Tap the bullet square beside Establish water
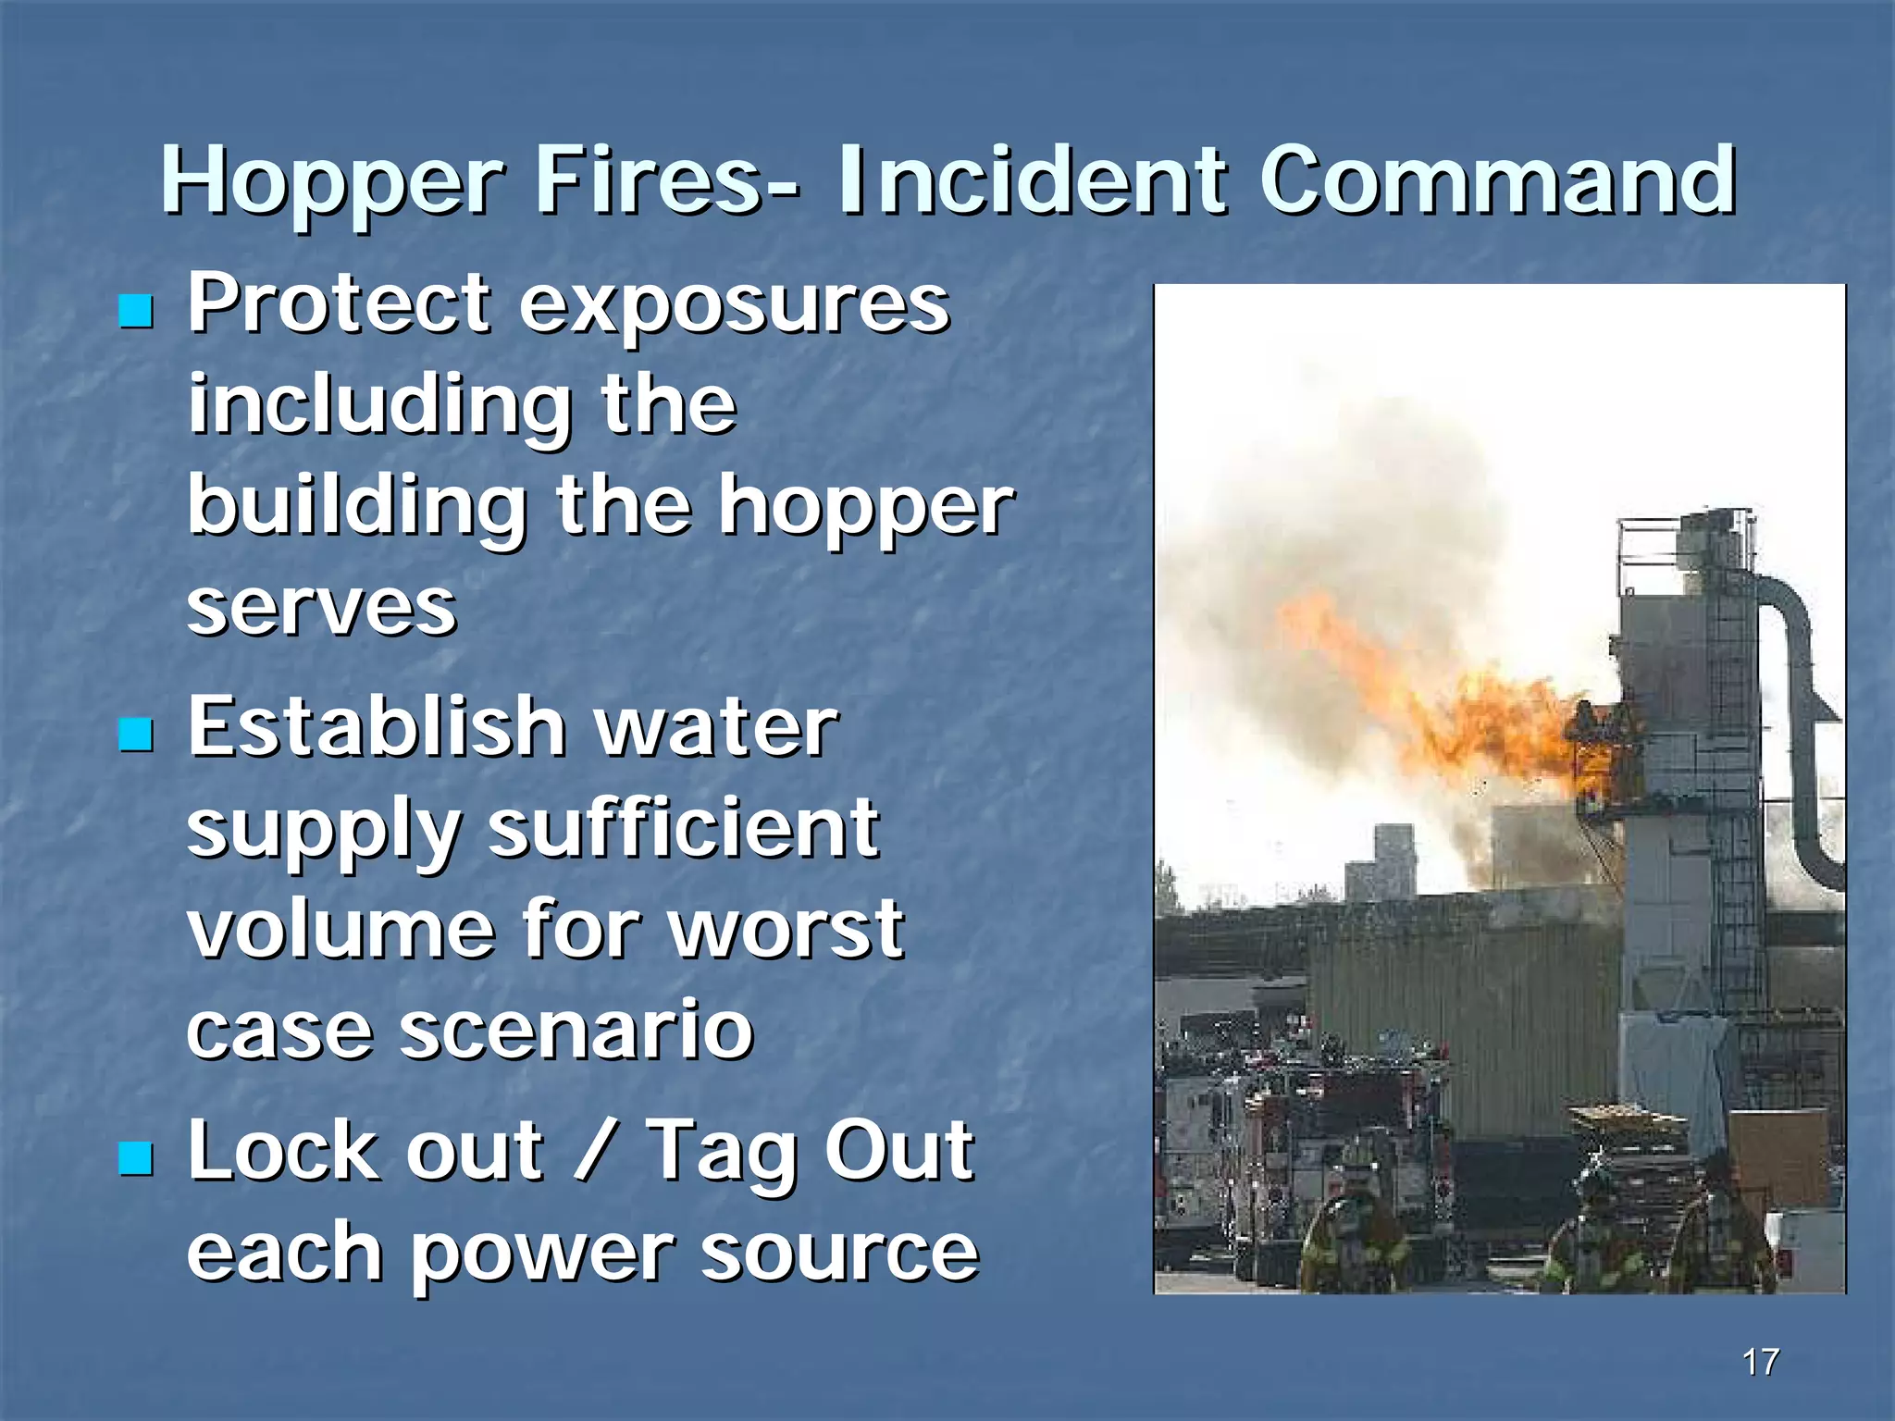pos(136,735)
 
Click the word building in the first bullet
pos(357,508)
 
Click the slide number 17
pos(1760,1362)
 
